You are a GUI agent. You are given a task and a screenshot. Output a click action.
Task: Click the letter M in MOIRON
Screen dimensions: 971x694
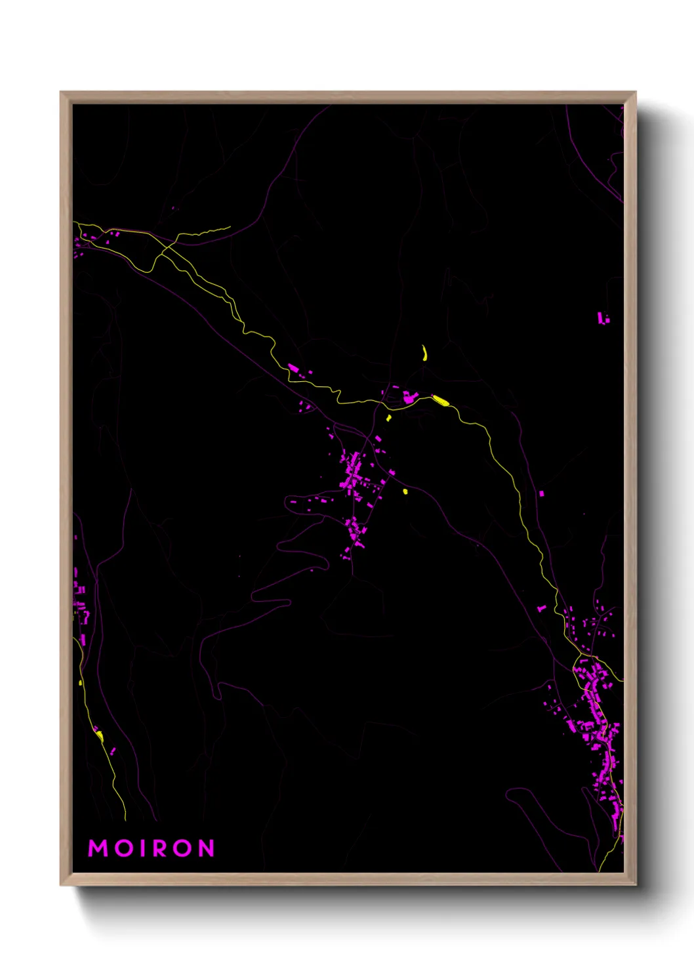[98, 848]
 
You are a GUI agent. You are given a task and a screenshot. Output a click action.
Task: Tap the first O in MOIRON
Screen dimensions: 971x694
[124, 848]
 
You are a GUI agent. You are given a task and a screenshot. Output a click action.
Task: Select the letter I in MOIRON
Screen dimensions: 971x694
[144, 848]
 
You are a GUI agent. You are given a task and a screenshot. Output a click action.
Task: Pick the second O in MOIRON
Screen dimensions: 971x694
[185, 848]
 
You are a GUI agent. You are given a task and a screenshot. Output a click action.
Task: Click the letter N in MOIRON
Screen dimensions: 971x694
[207, 848]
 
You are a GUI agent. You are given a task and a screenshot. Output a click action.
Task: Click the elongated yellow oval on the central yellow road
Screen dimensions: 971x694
[440, 400]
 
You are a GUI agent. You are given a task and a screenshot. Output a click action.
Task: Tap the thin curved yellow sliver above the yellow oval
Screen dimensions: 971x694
[425, 353]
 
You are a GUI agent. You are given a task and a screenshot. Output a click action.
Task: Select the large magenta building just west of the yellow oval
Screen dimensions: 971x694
[409, 397]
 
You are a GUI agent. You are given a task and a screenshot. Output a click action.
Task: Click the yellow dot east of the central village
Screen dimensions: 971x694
[405, 491]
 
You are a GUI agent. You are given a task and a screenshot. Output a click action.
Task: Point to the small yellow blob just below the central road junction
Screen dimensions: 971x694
[388, 417]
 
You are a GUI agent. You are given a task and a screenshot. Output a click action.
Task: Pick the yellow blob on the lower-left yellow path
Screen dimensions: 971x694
[100, 734]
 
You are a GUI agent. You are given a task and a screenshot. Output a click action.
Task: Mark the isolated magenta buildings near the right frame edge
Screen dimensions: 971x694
[602, 318]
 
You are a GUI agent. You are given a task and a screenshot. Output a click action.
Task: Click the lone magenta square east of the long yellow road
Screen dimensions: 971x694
[541, 493]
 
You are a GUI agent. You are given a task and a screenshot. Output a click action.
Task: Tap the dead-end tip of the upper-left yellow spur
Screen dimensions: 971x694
[230, 228]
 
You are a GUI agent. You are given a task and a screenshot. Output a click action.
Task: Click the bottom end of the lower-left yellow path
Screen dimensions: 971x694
[125, 819]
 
